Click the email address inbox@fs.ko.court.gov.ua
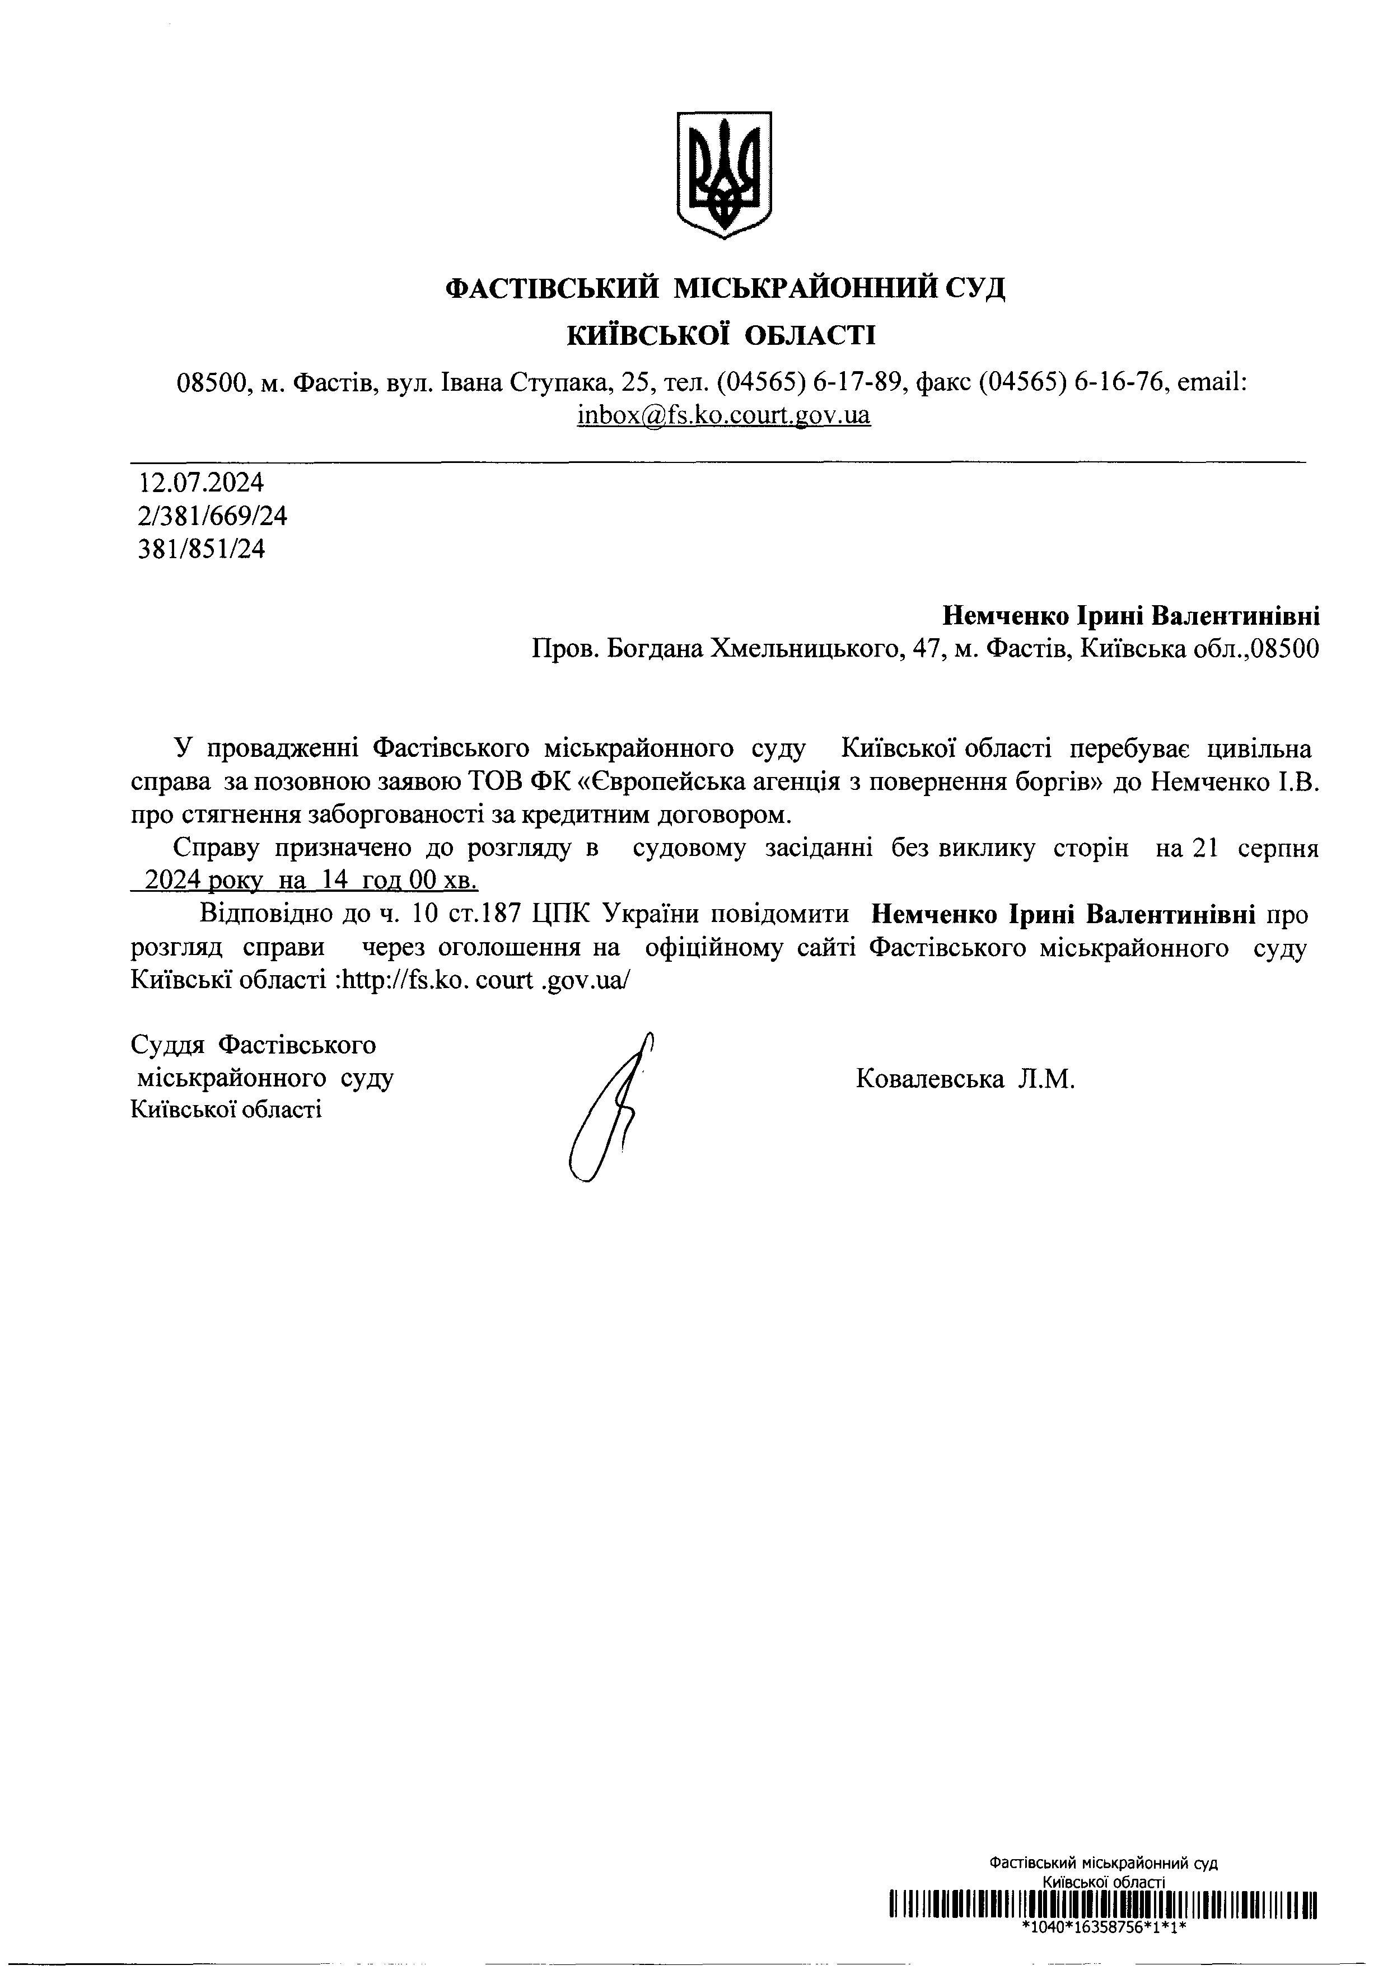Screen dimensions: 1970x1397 coord(723,415)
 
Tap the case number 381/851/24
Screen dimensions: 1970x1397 coord(202,549)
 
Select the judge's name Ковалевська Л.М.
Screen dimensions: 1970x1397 coord(965,1078)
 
